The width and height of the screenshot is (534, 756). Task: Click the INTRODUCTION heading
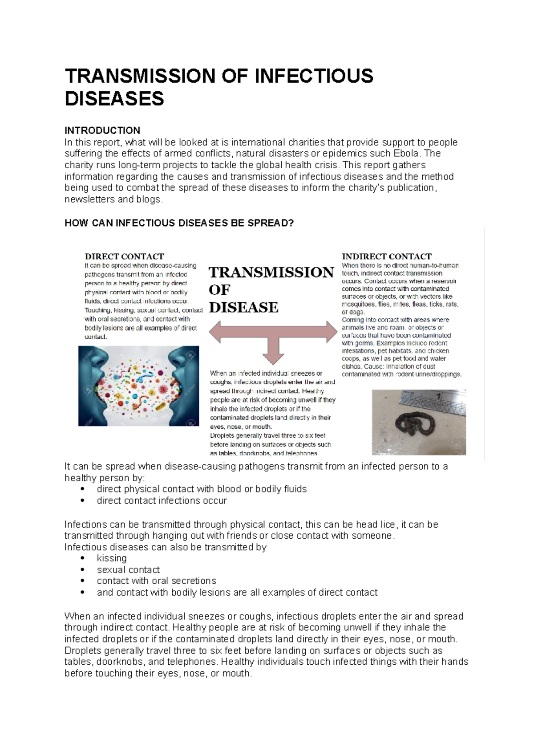click(102, 130)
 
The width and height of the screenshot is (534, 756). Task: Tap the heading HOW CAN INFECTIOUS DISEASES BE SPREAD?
click(179, 223)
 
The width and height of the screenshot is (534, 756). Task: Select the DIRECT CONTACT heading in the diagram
click(124, 256)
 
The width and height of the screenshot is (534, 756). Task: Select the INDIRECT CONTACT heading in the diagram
click(386, 256)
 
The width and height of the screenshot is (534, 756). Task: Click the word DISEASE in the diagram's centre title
click(243, 308)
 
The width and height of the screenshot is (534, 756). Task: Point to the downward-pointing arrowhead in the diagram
click(273, 358)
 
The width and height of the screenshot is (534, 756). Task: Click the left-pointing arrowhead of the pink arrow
click(215, 332)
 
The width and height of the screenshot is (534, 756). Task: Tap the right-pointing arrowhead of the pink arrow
click(332, 332)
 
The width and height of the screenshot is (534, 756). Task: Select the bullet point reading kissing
click(112, 558)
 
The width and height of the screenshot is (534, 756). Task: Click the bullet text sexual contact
click(128, 570)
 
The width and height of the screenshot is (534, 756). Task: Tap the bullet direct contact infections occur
click(162, 501)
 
